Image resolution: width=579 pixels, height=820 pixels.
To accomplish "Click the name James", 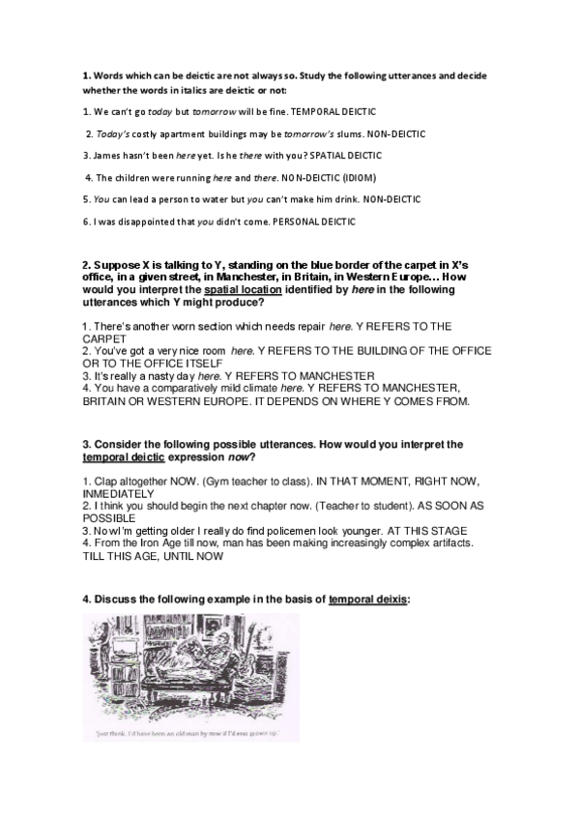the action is tap(108, 155).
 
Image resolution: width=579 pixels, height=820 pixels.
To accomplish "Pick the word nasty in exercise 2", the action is tap(152, 374).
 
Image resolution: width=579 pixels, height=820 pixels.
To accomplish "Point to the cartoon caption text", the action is tap(188, 733).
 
